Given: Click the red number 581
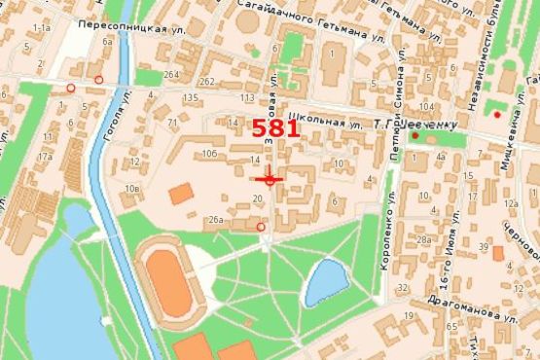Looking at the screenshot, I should coord(275,128).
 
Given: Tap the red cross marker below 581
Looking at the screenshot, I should coord(270,179).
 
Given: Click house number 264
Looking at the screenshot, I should coord(171,75).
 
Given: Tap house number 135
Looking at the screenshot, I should coord(190,98).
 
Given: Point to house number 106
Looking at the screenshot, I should coord(208,154).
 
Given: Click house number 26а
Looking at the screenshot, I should coord(216,221).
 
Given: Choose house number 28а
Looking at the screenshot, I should coord(423,238).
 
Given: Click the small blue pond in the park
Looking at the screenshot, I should coord(325,283).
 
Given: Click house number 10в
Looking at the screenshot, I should coord(132,186).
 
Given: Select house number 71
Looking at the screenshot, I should coord(173,123).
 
